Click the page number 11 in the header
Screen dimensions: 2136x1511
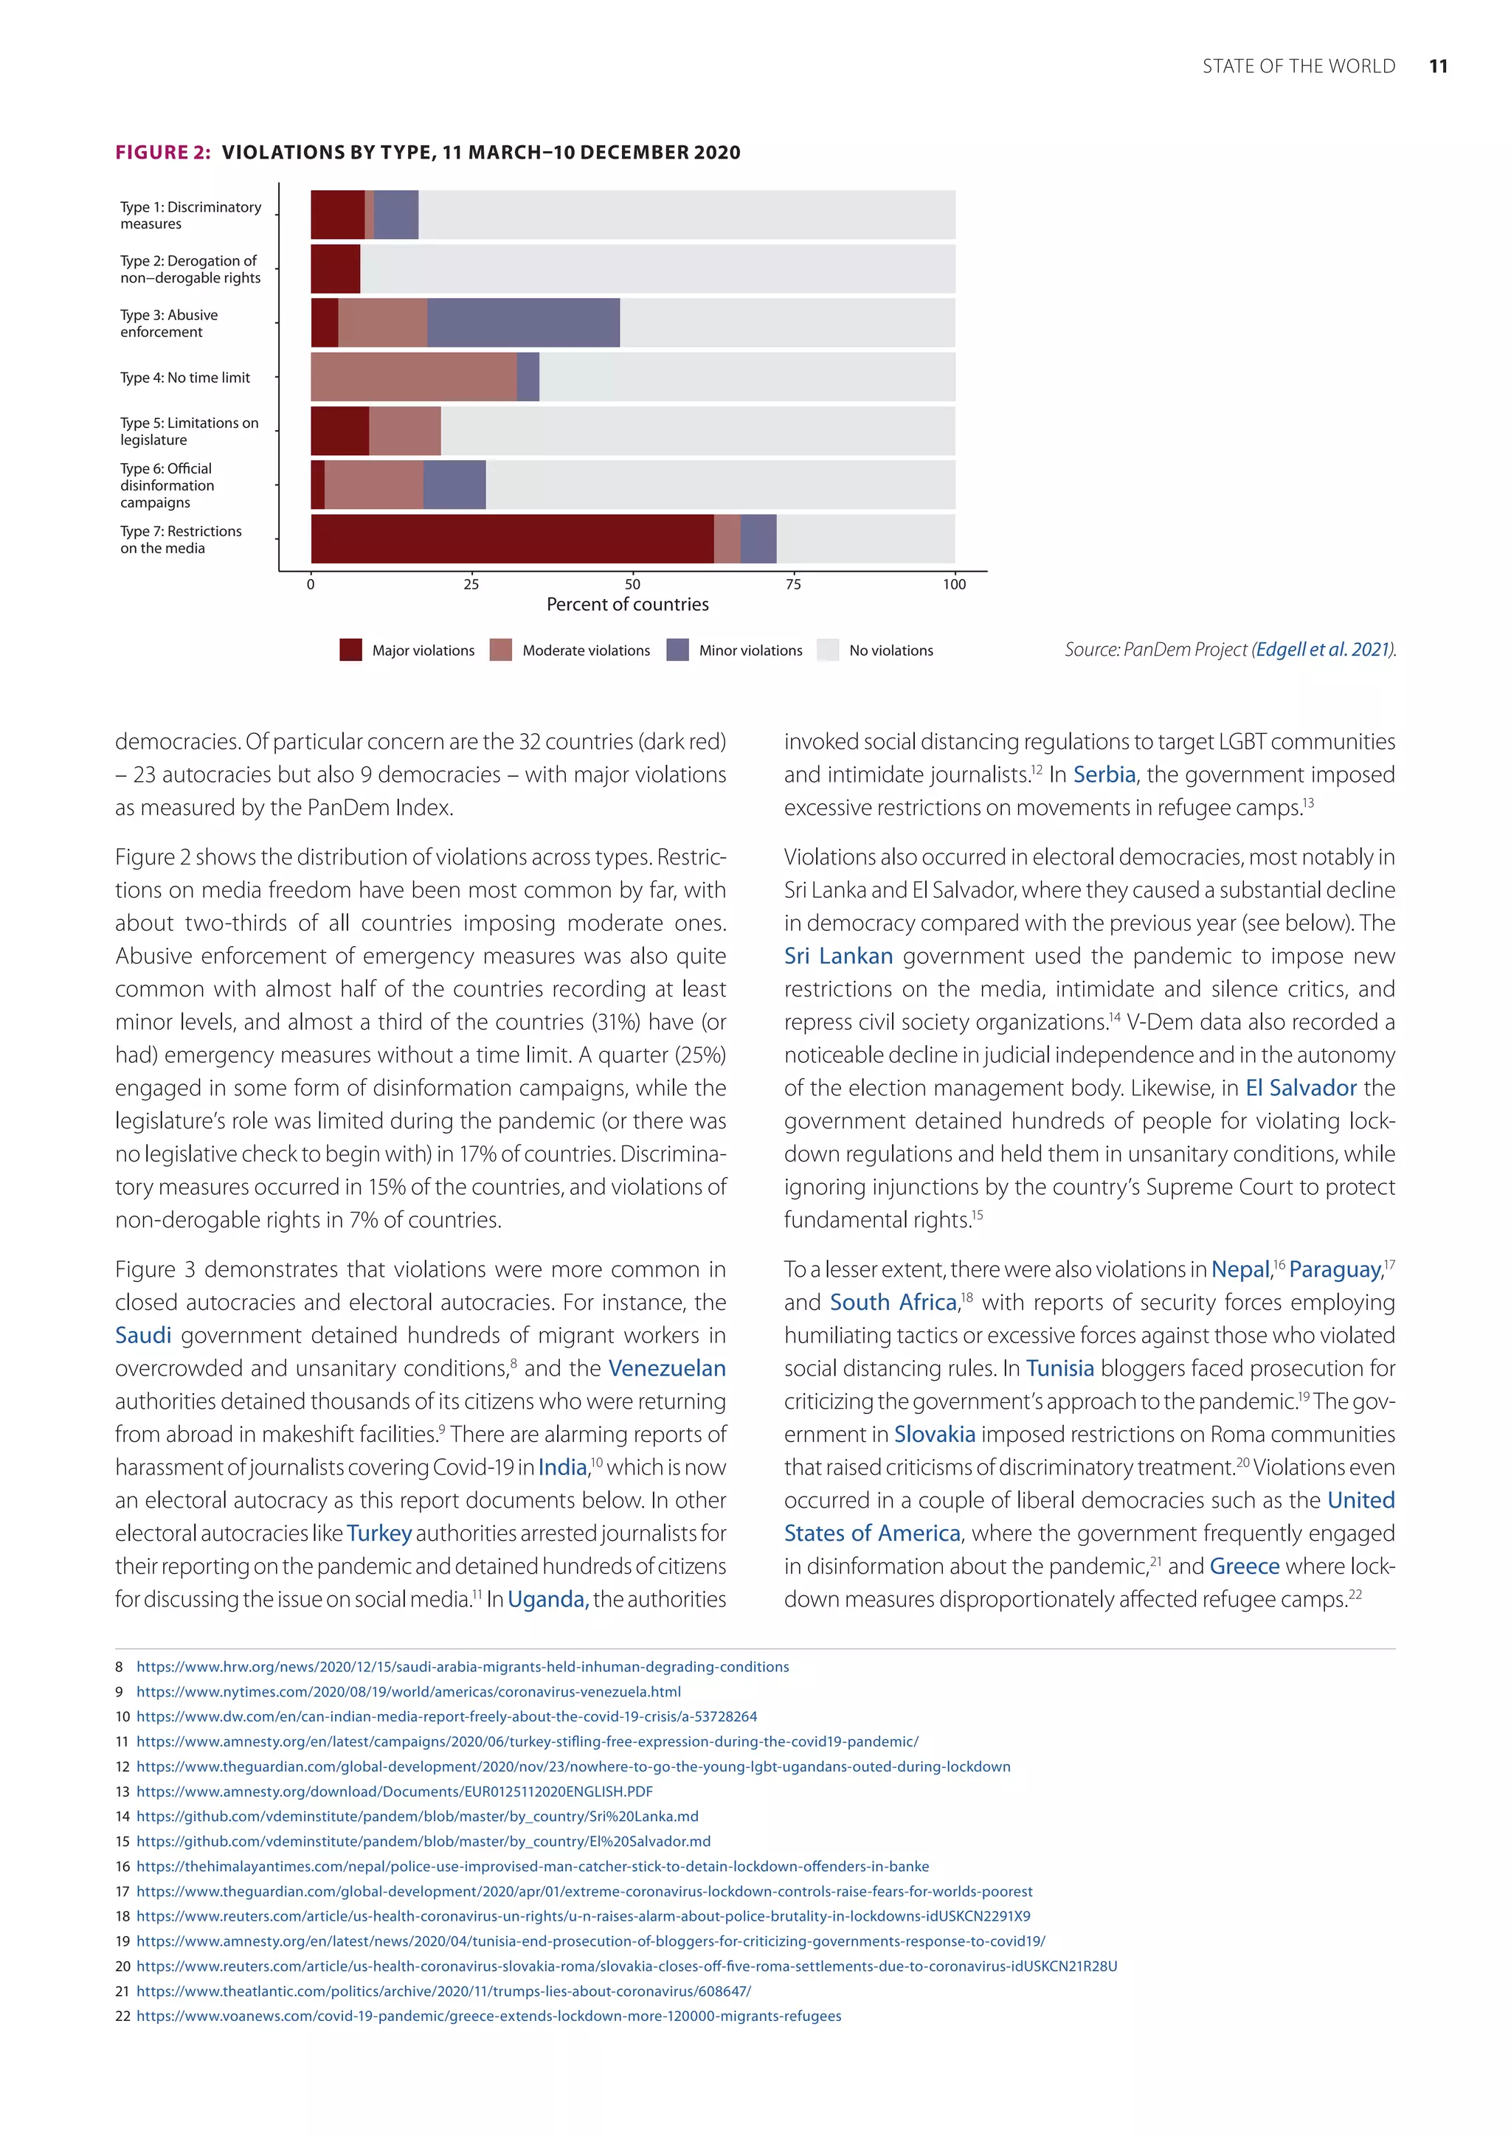(1437, 66)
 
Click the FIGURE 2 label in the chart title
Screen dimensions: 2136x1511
(163, 153)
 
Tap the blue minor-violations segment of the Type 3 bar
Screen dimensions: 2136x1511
(523, 323)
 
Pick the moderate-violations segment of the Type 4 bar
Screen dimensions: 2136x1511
(413, 377)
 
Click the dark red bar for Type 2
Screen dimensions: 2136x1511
(335, 269)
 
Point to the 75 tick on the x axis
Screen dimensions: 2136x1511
(792, 584)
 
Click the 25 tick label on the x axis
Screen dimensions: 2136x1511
(471, 584)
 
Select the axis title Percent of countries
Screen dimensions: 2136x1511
(627, 605)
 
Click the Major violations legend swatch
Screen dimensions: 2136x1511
(350, 651)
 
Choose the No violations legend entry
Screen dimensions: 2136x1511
(890, 651)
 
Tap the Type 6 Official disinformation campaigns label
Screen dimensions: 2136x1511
(167, 485)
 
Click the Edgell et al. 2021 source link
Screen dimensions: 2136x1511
(1323, 649)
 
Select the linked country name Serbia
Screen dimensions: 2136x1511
(1104, 775)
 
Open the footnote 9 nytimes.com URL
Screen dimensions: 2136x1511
(409, 1691)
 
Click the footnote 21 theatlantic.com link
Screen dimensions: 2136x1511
(444, 1991)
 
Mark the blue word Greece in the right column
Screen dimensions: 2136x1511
(1244, 1567)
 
